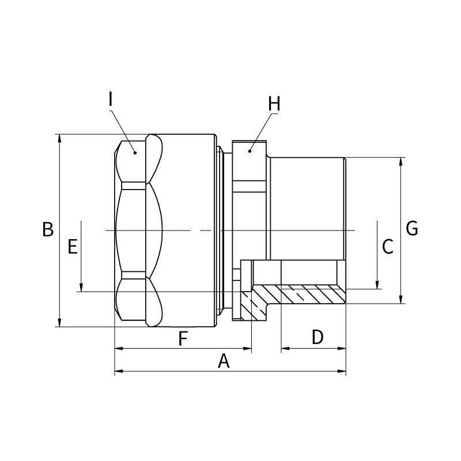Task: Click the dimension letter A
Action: tap(224, 361)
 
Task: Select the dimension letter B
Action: tap(48, 229)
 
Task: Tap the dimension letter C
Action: tap(388, 247)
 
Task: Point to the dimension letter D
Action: tap(318, 338)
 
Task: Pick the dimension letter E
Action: tap(72, 247)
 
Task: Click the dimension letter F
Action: tap(183, 339)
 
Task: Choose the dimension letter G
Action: tap(411, 229)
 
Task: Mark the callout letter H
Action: tap(274, 104)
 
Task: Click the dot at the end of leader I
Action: tap(135, 152)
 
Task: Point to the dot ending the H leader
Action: tap(250, 151)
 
